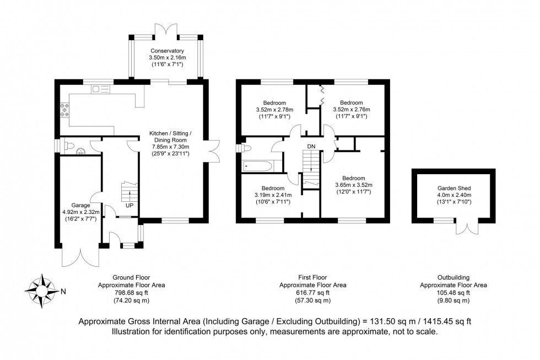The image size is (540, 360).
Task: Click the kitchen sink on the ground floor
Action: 100,89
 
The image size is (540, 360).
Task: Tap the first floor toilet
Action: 245,148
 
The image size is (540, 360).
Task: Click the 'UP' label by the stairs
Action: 129,205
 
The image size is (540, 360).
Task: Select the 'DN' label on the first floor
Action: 311,146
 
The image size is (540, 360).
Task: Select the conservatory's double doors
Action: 166,30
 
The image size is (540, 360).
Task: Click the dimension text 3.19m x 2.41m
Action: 273,195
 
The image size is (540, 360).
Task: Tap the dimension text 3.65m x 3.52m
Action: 353,185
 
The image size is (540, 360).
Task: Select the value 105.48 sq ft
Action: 453,293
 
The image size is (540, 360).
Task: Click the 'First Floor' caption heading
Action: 312,277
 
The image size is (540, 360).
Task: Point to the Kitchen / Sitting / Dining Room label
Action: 169,139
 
